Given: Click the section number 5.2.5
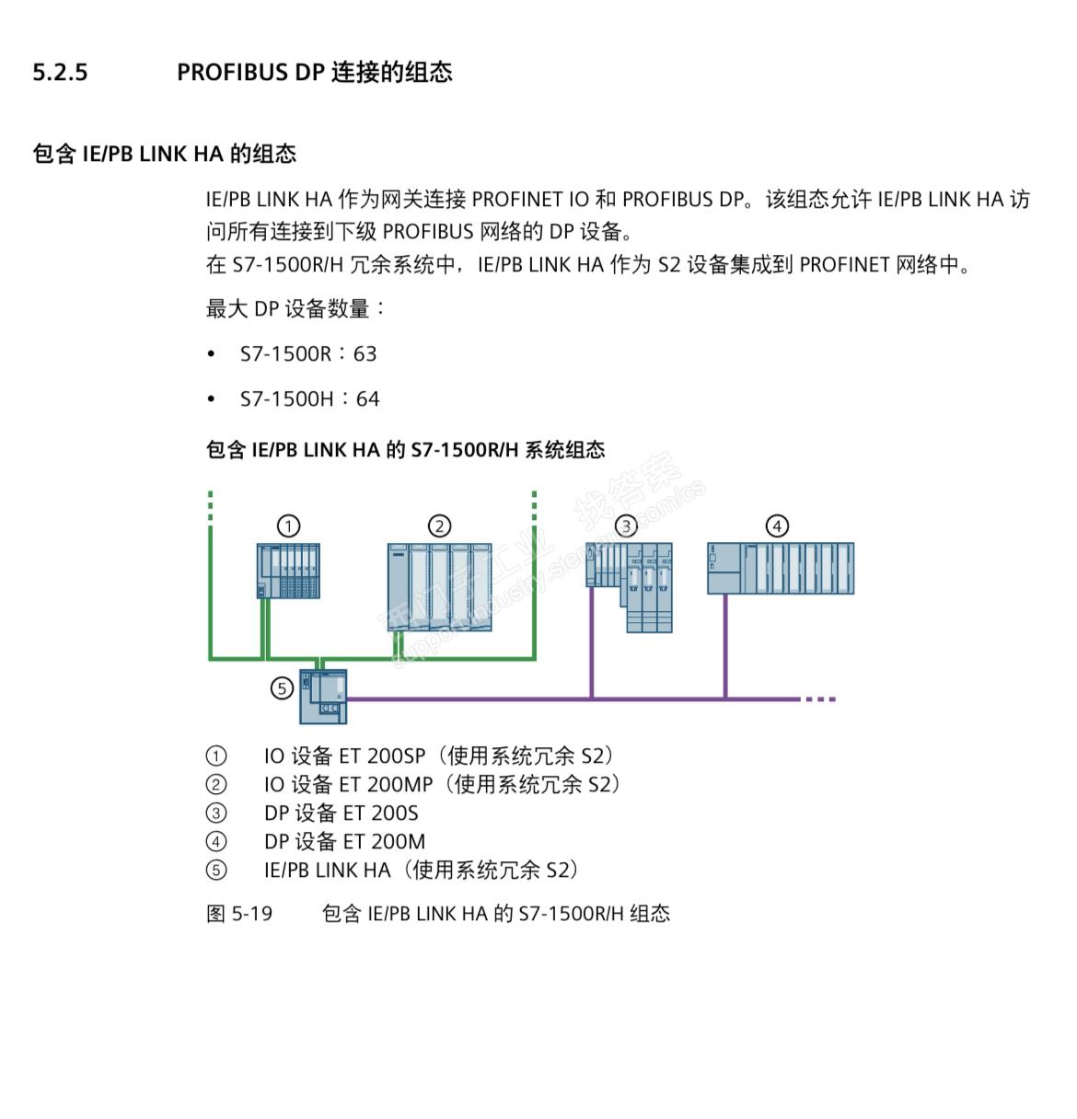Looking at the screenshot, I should point(60,73).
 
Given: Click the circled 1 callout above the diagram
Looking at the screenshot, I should point(289,525).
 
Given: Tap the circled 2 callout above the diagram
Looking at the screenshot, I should point(440,525).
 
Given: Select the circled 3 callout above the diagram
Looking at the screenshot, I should point(626,525).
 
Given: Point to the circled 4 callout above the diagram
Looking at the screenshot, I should point(778,525).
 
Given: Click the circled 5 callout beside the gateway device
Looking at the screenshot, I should point(283,687).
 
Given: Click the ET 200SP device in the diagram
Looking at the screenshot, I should point(288,571).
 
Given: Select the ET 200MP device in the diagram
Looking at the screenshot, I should point(439,586).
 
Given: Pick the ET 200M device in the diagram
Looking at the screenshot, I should point(781,568).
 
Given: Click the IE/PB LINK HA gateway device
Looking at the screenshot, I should point(323,696).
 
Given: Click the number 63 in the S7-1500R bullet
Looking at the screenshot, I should point(365,354).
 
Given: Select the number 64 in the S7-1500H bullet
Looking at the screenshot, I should point(367,399).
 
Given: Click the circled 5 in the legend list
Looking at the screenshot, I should point(215,871).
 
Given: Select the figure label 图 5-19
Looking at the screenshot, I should point(239,914).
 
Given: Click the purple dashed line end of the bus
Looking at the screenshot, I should point(819,699).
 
